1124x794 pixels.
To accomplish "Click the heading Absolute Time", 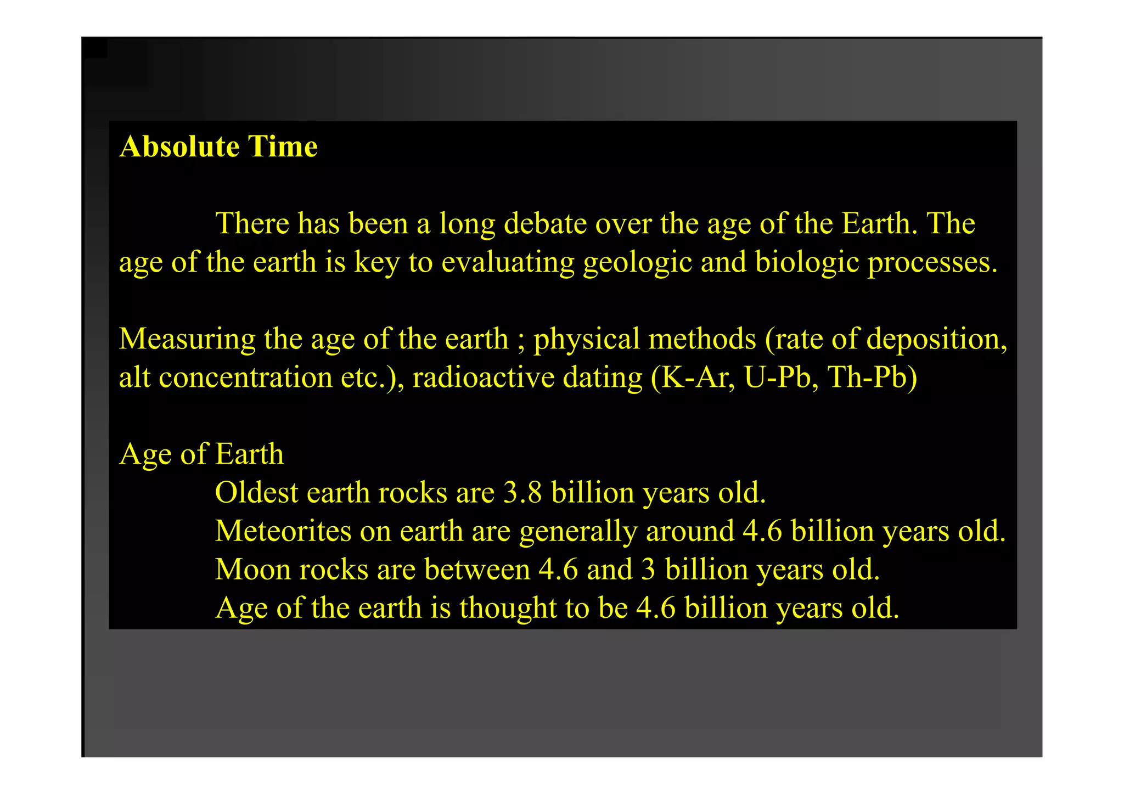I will pos(218,147).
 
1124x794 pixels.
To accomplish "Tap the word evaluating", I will pos(508,262).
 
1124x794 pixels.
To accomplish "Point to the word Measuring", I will pos(187,339).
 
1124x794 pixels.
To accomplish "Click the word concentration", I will pos(245,378).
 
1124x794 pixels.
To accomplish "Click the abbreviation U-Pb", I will pos(777,378).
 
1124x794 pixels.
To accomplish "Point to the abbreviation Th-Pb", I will pos(872,378).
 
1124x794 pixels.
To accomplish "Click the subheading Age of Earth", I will pos(201,454).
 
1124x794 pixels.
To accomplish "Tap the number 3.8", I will pos(522,493).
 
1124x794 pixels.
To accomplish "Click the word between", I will pos(477,570).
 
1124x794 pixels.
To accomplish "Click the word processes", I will pos(932,262).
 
